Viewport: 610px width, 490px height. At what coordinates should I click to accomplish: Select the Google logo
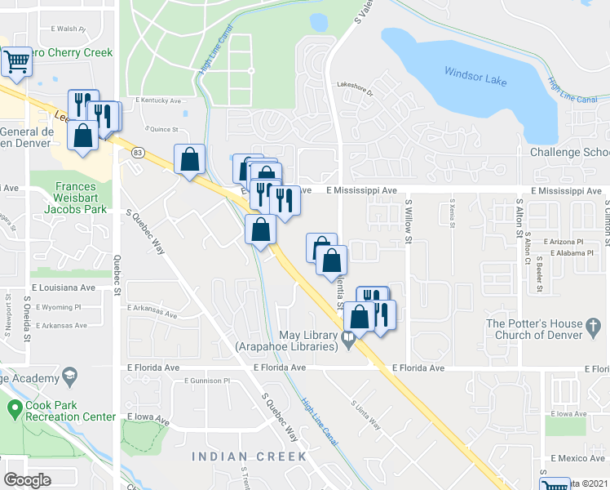pos(27,479)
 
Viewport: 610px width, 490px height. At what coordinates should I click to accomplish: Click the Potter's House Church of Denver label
pos(546,330)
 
